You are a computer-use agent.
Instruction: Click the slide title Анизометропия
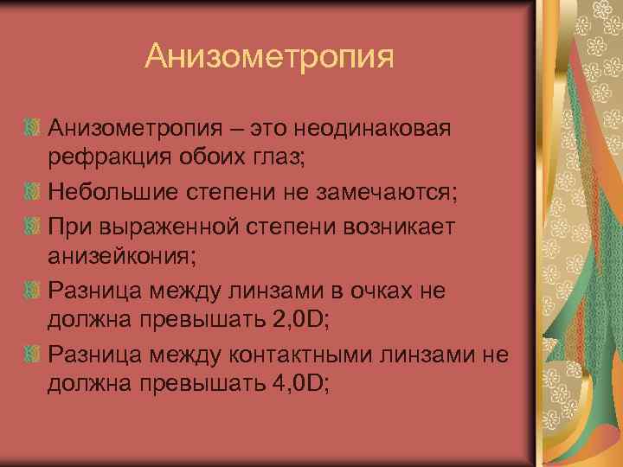coord(269,56)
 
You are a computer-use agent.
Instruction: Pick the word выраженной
coord(179,226)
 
